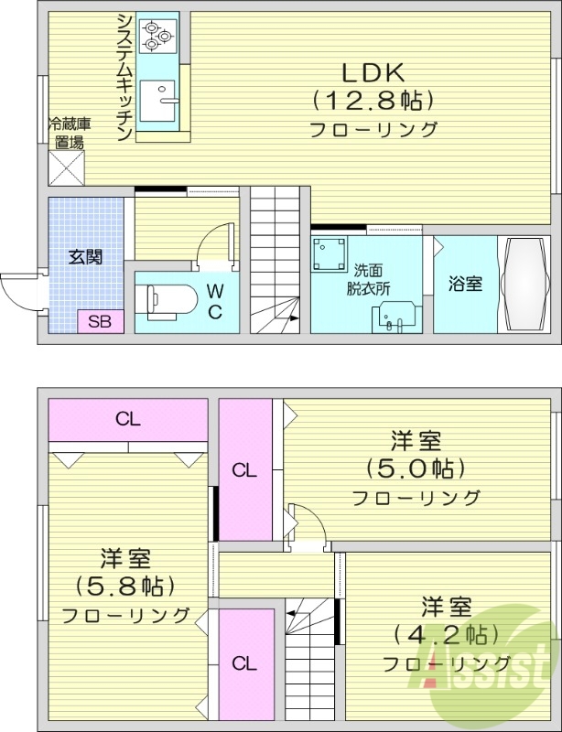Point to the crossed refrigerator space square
pyautogui.click(x=66, y=168)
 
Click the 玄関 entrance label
pyautogui.click(x=84, y=256)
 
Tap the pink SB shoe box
pyautogui.click(x=99, y=321)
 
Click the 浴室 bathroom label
pyautogui.click(x=465, y=284)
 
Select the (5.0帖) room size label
pyautogui.click(x=416, y=469)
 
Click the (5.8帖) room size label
pyautogui.click(x=125, y=586)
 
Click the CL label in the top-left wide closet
pyautogui.click(x=127, y=420)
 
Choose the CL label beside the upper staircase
pyautogui.click(x=243, y=662)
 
